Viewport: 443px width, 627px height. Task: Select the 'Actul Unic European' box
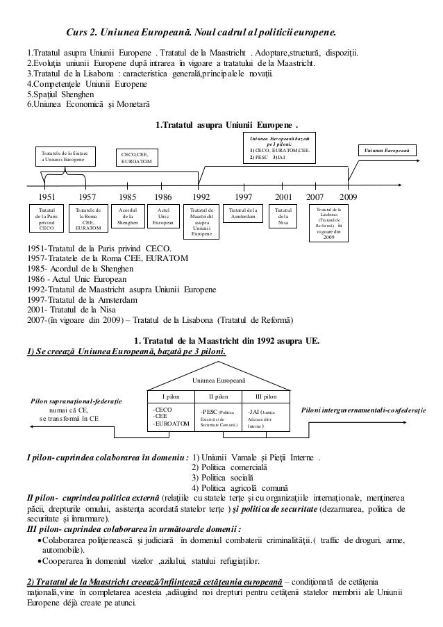tap(163, 216)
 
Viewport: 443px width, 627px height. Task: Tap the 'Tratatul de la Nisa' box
tap(283, 216)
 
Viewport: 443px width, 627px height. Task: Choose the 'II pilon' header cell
tap(219, 396)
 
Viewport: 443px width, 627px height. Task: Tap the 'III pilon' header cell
tap(266, 396)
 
